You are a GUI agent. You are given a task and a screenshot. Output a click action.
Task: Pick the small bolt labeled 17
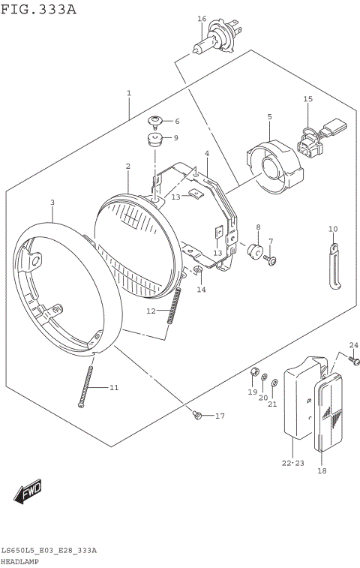[198, 415]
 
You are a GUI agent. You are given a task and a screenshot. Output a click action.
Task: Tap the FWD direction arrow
[27, 492]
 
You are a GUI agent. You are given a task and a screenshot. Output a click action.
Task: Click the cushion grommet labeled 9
[156, 140]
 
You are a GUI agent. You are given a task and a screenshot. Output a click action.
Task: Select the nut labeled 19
[254, 373]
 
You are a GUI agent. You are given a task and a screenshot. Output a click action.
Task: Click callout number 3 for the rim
[52, 202]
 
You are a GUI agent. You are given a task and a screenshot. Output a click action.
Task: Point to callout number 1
[129, 94]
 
